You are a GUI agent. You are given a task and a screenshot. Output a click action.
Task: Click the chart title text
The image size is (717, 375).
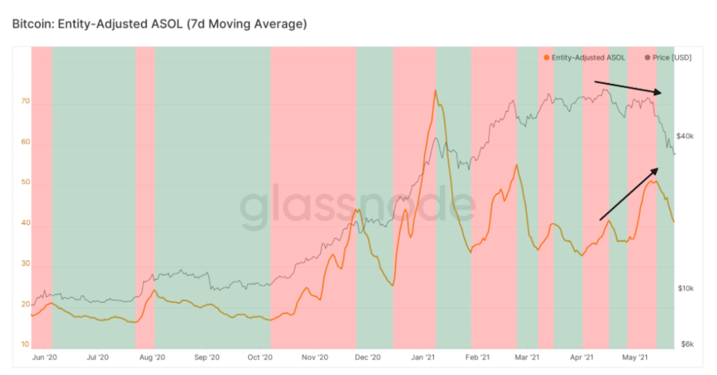[160, 24]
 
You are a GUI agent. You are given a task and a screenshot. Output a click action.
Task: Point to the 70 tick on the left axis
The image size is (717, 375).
[25, 102]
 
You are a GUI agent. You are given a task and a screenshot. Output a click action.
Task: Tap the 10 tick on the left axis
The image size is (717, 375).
[25, 345]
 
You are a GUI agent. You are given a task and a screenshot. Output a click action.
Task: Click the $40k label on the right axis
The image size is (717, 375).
[685, 136]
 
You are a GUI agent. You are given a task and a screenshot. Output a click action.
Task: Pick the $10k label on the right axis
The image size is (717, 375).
[685, 288]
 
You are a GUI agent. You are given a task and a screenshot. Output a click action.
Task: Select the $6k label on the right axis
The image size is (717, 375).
[686, 345]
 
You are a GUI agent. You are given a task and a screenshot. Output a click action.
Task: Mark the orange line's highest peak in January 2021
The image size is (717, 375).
[436, 90]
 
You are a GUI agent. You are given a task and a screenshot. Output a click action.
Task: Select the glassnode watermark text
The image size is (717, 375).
[357, 207]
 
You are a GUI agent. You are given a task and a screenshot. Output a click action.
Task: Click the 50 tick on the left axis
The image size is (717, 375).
[25, 183]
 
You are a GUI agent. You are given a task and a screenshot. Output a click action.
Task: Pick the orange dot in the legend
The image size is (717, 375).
[546, 57]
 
